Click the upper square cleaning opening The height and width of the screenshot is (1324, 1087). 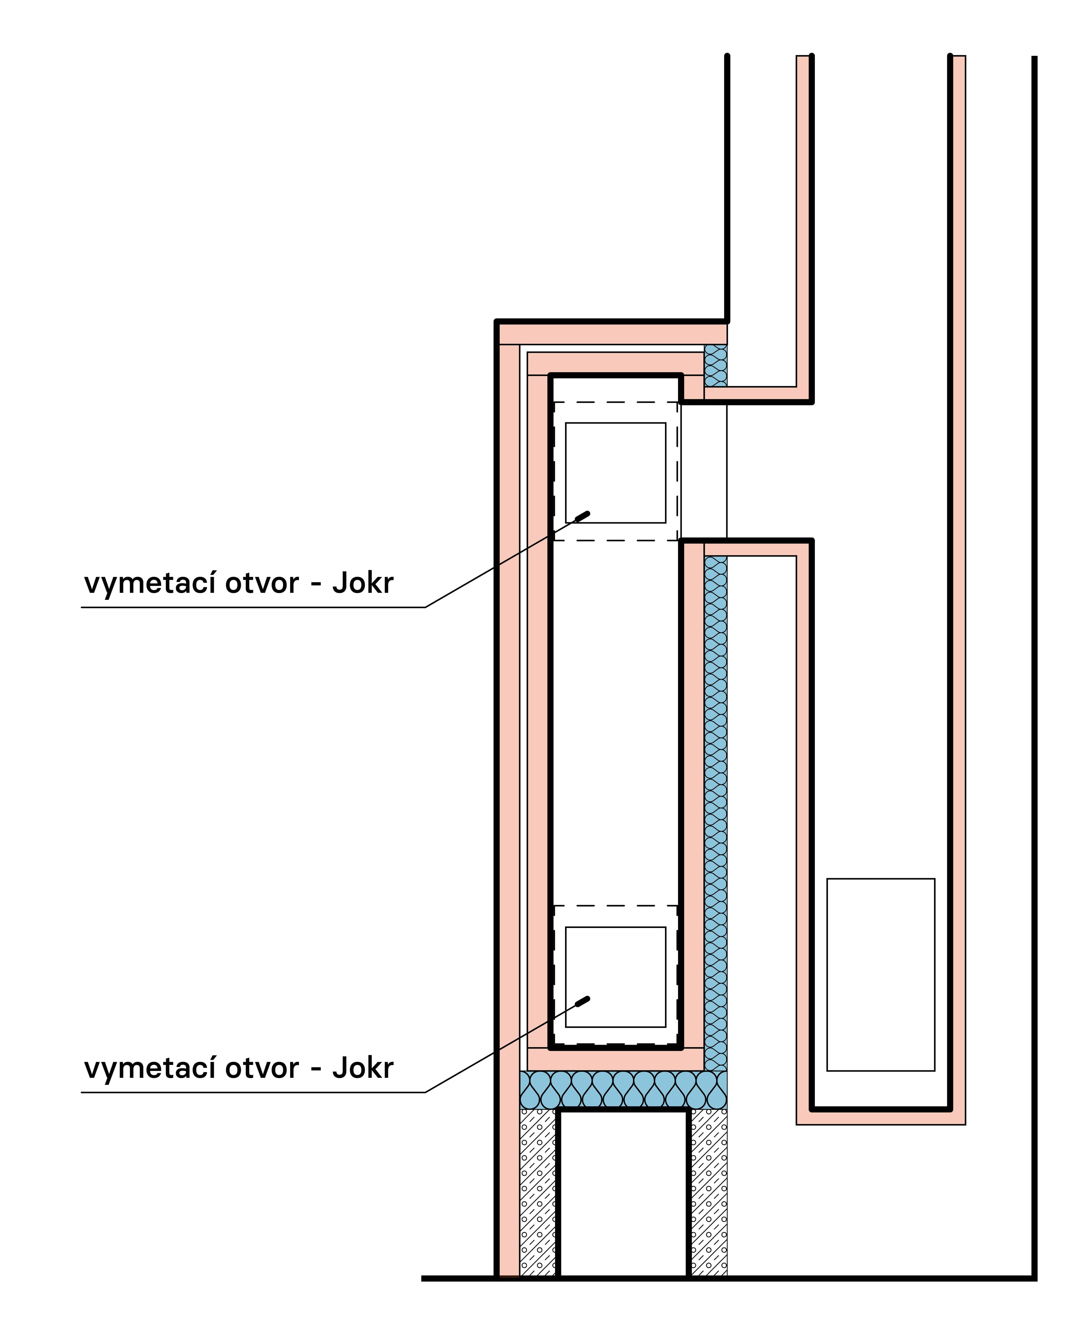615,473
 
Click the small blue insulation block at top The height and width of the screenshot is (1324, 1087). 716,365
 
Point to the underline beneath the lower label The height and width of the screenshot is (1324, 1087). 254,1092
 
